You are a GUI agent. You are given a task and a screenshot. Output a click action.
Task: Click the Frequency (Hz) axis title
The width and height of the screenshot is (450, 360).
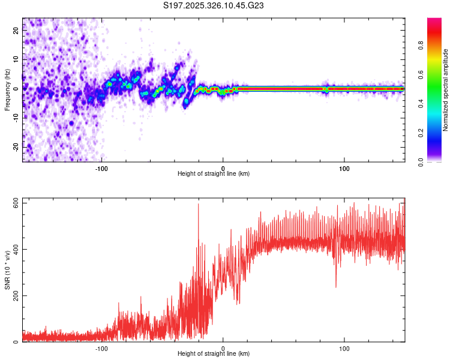coord(7,90)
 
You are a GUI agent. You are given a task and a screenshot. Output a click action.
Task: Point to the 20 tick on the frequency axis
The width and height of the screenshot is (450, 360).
coord(16,31)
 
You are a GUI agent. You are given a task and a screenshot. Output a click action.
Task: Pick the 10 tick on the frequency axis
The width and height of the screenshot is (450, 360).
coord(16,60)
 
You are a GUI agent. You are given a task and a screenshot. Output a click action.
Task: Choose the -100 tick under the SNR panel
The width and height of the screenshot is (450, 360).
coord(101,347)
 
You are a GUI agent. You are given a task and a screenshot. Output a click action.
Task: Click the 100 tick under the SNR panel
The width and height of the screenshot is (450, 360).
coord(344,347)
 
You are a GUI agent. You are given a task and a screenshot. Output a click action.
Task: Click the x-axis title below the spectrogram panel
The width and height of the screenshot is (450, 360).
coord(214,174)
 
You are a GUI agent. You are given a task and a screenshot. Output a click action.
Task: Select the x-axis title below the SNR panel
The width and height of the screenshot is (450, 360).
coord(214,354)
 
